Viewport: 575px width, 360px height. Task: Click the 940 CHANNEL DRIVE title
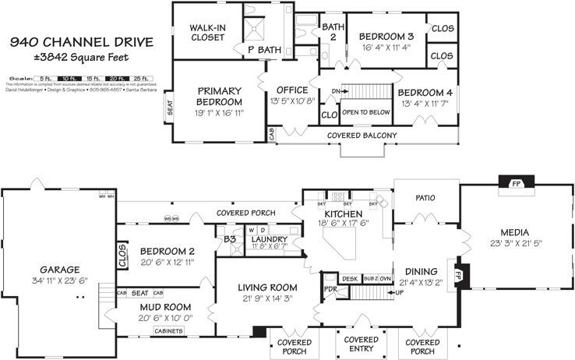pos(82,41)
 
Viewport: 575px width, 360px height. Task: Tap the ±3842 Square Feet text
pos(82,56)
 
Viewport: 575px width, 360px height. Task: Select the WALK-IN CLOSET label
pos(207,31)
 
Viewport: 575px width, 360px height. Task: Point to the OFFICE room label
pos(292,90)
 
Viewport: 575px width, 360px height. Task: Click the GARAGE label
pos(54,270)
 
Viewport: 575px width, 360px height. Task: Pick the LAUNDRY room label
pos(270,239)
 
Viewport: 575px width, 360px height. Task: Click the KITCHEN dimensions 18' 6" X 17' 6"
pos(343,224)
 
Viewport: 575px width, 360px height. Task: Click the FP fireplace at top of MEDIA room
pos(515,185)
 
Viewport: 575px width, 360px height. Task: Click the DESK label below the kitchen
pos(349,278)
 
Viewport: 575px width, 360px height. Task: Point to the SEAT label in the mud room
pos(140,293)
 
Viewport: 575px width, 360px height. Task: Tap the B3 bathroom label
pos(230,239)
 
